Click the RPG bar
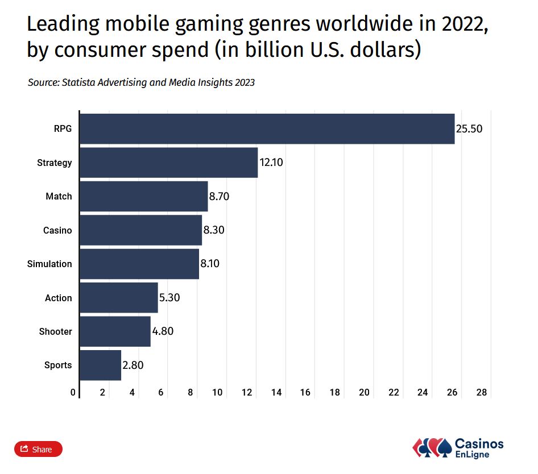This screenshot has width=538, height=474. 267,129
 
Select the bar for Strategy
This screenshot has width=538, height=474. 168,163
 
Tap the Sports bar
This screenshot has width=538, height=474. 100,365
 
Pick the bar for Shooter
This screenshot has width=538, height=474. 115,331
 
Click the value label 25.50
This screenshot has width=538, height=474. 469,129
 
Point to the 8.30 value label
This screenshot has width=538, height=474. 214,230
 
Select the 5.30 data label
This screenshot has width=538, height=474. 170,298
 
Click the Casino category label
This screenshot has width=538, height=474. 57,230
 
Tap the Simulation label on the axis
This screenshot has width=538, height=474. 49,264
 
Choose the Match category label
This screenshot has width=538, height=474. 59,197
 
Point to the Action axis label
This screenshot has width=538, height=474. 59,298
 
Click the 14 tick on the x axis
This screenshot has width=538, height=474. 276,392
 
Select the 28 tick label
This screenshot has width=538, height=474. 482,392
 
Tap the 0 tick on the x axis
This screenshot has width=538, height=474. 73,392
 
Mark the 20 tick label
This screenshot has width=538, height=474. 364,392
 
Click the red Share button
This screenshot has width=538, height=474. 38,449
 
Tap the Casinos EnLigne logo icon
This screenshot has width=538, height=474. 431,447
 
